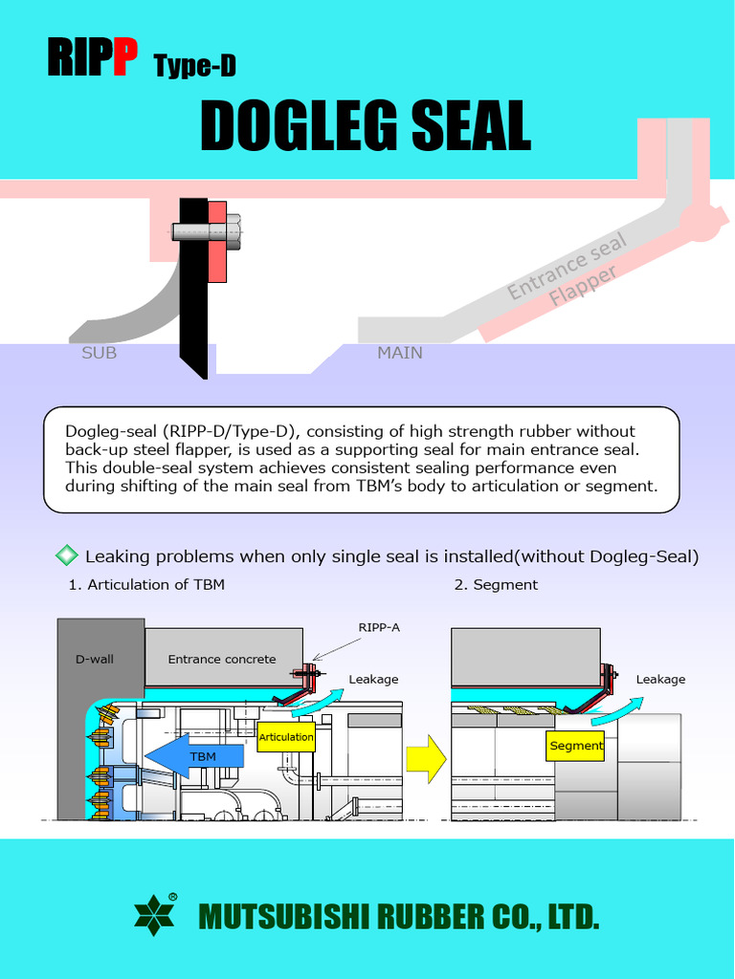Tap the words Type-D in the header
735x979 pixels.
[x=194, y=66]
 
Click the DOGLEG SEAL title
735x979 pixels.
[x=366, y=125]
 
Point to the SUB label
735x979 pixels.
[x=99, y=353]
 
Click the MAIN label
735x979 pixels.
[x=399, y=353]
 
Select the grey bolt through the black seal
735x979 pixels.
[x=205, y=230]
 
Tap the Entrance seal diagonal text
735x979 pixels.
[x=567, y=266]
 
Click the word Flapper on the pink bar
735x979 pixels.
[x=583, y=287]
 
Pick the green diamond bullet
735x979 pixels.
[x=67, y=555]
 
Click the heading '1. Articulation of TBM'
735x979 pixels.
[x=146, y=584]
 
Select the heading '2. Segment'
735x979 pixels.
[x=496, y=584]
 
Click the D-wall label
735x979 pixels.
[x=95, y=659]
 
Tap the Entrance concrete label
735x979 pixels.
[x=222, y=659]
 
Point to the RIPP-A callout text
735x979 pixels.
[x=379, y=627]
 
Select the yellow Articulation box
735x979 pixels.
[x=286, y=737]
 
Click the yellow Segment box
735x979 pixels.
[x=575, y=746]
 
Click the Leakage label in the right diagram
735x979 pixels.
[x=660, y=679]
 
